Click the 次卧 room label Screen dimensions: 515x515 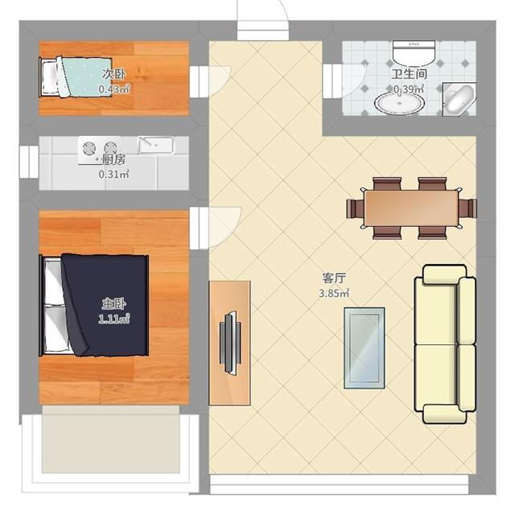(x=113, y=74)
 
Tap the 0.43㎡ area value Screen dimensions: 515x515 (x=113, y=89)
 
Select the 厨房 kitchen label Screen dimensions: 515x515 (x=113, y=159)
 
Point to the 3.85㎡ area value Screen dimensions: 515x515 (x=334, y=293)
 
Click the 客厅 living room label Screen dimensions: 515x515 (x=334, y=278)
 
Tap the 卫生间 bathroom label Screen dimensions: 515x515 (x=410, y=74)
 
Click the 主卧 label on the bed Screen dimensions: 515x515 (x=113, y=304)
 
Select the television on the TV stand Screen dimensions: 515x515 (x=230, y=343)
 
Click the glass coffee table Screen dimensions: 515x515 (x=365, y=348)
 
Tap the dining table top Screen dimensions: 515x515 (x=411, y=208)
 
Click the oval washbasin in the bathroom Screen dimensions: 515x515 (x=399, y=103)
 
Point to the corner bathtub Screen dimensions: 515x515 (x=459, y=99)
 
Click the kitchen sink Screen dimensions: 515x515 (x=156, y=145)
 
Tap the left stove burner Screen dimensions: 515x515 (x=89, y=148)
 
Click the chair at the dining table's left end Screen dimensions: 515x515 (x=355, y=208)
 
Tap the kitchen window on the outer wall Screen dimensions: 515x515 (x=29, y=162)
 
